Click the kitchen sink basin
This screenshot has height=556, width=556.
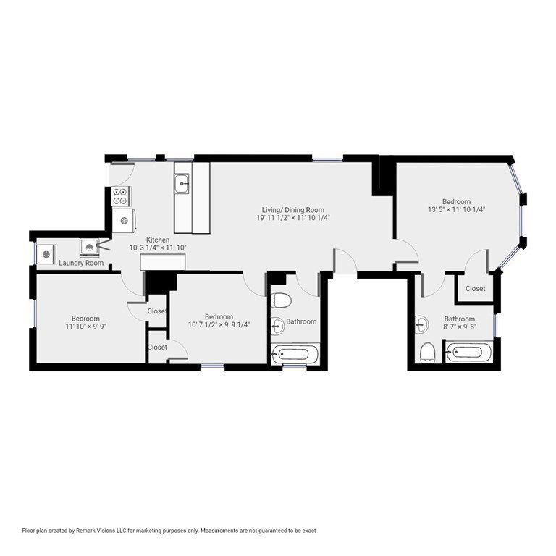coord(182,185)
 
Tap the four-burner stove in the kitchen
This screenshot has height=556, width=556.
coord(121,196)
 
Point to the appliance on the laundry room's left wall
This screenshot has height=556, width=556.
coord(47,254)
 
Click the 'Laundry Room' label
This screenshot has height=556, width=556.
coord(80,263)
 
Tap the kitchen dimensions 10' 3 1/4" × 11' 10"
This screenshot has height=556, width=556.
coord(158,248)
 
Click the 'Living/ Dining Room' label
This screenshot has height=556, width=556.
coord(293,210)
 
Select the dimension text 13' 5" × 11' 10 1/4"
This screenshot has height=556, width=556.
coord(456,209)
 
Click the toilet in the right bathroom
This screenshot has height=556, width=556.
coord(427,353)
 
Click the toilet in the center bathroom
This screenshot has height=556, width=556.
coord(282,300)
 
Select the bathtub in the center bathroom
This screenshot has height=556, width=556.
coord(295,355)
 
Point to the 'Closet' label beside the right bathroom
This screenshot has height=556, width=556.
coord(476,289)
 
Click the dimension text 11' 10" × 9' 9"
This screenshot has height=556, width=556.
coord(85,327)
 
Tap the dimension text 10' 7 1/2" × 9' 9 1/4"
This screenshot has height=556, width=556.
coord(219,324)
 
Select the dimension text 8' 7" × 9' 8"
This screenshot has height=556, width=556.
coord(459,327)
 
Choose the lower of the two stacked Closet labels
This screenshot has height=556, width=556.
coord(157,347)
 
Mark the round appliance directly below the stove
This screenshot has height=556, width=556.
coord(125,220)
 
